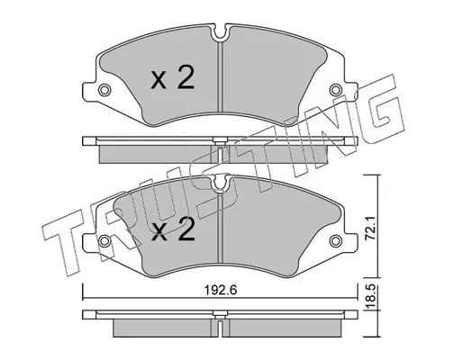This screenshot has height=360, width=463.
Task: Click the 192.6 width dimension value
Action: click(221, 290)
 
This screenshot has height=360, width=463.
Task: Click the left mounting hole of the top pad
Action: click(104, 90)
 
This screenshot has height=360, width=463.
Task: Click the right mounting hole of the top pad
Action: click(335, 90)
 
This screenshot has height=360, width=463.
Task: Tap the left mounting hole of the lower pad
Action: click(104, 240)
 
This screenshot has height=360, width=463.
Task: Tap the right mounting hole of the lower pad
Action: click(335, 240)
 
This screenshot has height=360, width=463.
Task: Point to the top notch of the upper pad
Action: click(221, 33)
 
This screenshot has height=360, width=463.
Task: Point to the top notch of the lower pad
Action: click(221, 183)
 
